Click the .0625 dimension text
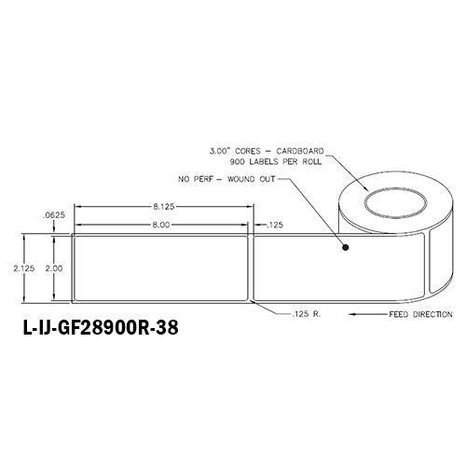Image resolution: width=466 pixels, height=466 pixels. (54, 215)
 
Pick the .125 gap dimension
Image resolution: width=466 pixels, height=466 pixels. (275, 225)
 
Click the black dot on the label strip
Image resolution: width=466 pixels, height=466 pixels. (346, 248)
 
